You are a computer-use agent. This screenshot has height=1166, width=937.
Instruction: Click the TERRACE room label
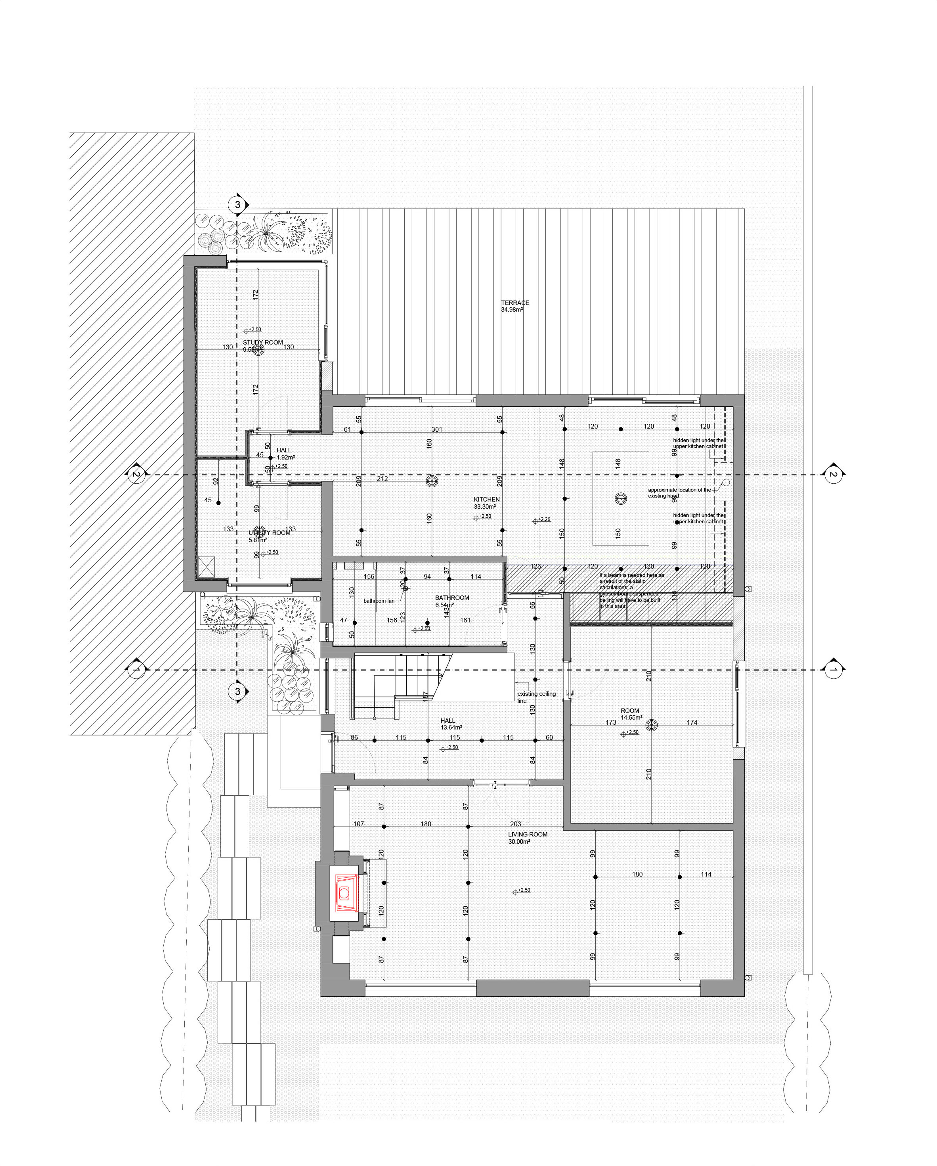(x=515, y=303)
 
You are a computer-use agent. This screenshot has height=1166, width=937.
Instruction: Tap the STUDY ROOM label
(x=263, y=342)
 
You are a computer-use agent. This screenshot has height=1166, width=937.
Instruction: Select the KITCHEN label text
(x=487, y=500)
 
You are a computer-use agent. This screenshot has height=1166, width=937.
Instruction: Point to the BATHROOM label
(x=452, y=597)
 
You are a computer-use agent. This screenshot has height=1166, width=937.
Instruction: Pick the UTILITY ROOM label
(x=269, y=533)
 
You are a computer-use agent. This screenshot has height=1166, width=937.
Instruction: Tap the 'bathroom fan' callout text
(x=379, y=601)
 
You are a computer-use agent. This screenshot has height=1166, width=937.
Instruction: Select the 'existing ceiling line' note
(x=536, y=697)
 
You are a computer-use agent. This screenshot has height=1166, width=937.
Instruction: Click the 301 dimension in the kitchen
(x=437, y=429)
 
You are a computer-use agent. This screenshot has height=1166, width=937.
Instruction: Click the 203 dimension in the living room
(x=515, y=824)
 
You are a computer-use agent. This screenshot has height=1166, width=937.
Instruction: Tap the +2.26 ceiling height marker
(x=543, y=520)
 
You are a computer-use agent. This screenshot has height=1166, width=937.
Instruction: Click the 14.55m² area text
(x=631, y=718)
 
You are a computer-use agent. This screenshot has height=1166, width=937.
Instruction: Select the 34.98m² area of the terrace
(x=511, y=310)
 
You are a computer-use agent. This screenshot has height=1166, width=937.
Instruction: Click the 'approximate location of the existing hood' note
(x=679, y=493)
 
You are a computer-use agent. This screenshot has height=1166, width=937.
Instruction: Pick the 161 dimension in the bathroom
(x=465, y=620)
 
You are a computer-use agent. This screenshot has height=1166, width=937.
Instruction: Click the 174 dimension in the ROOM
(x=692, y=722)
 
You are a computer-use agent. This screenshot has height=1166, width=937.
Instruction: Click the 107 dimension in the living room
(x=358, y=824)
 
